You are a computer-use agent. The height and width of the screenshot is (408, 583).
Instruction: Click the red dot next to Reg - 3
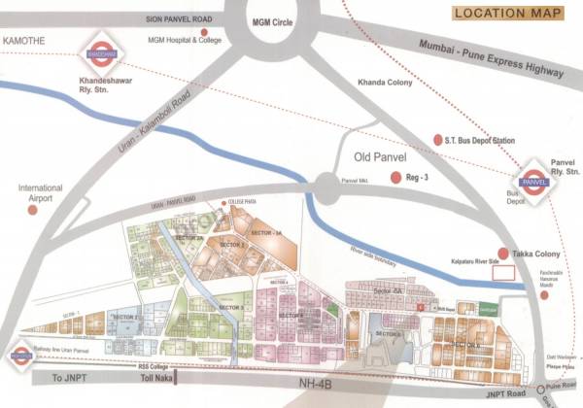395,178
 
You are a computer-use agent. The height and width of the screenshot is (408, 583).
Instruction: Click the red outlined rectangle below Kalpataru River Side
505,272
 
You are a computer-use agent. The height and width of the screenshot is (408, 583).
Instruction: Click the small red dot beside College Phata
223,202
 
